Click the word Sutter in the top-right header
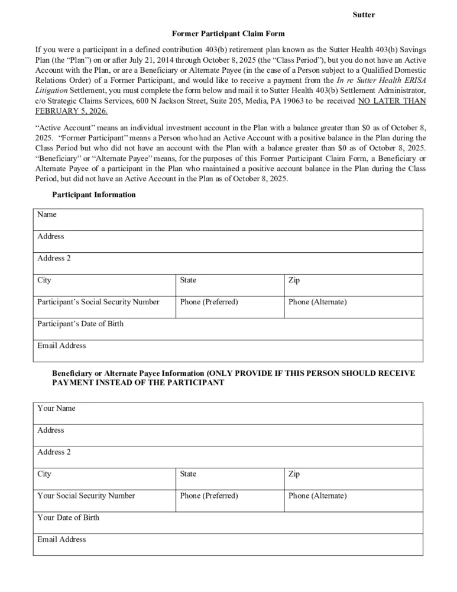click(364, 14)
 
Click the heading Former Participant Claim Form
click(228, 34)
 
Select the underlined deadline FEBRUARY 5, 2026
click(72, 111)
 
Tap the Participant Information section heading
click(93, 195)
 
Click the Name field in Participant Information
click(228, 220)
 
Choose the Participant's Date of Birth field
click(228, 329)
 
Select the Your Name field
click(228, 413)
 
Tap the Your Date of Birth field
click(228, 523)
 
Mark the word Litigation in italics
click(53, 91)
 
